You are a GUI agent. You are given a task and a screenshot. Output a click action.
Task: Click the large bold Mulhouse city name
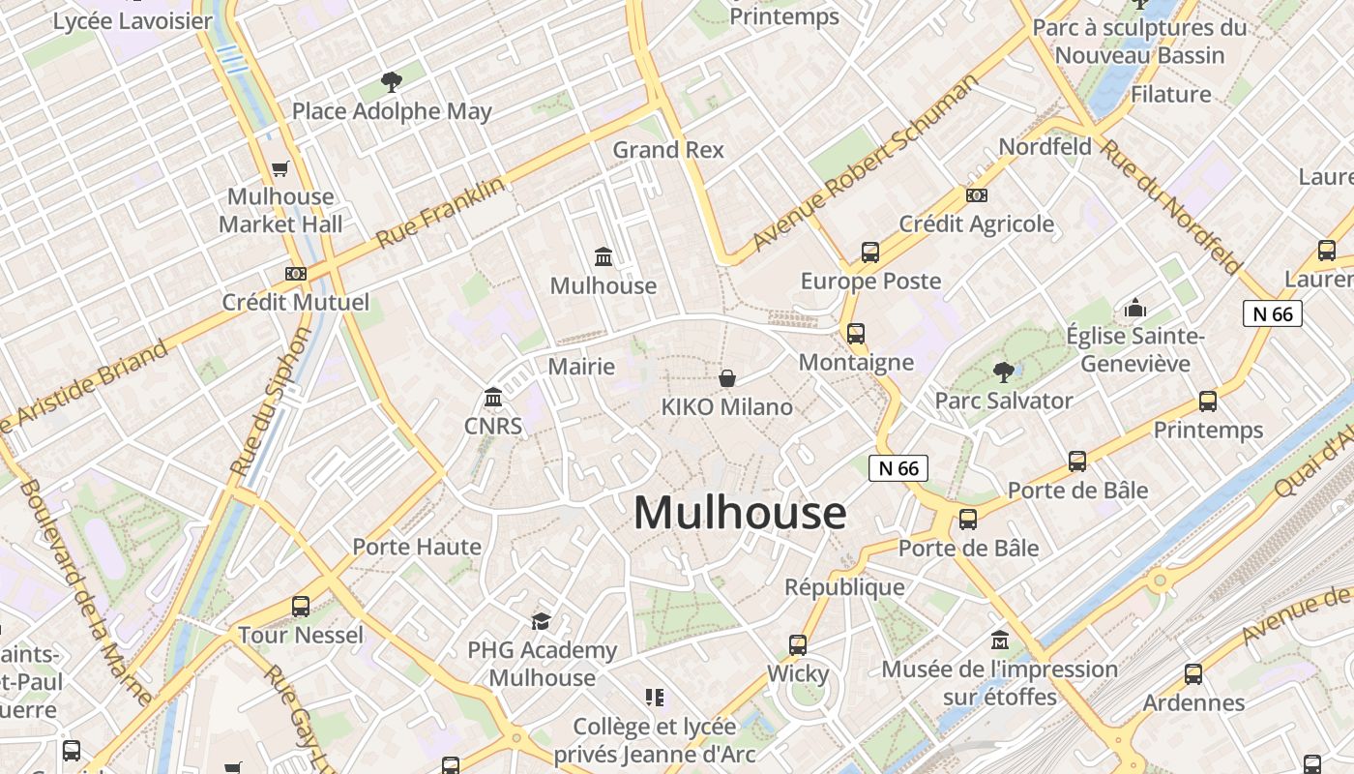[x=740, y=513]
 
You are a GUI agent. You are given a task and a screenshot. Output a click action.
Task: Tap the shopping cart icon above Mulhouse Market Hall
[x=280, y=169]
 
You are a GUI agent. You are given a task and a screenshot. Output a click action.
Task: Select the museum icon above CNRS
[x=493, y=397]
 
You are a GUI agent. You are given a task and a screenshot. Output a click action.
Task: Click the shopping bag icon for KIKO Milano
[x=727, y=378]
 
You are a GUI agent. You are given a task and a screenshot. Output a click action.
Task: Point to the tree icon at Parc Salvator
[x=1004, y=371]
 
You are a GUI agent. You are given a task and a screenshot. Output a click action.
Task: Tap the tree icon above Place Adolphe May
[x=392, y=81]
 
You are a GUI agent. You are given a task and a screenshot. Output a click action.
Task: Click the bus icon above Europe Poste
[x=870, y=253]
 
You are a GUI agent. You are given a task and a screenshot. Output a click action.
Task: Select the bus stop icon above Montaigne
[x=856, y=334]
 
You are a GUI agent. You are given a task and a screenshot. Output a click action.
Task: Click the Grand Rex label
[x=668, y=150]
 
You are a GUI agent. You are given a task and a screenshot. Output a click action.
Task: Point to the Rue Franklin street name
[x=440, y=211]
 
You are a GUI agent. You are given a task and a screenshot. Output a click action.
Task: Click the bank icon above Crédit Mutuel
[x=296, y=274]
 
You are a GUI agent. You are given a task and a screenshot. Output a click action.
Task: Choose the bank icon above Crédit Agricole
[x=977, y=195]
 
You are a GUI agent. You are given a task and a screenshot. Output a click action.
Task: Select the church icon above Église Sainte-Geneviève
[x=1135, y=309]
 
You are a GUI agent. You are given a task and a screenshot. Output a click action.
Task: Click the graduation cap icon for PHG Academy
[x=541, y=621]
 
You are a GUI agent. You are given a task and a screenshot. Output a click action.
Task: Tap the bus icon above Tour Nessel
[x=301, y=607]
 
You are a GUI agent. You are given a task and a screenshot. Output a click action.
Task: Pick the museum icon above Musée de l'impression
[x=1000, y=640]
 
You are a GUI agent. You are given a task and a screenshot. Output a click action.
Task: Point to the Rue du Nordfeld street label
[x=1170, y=206]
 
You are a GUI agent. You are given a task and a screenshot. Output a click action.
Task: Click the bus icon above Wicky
[x=798, y=644]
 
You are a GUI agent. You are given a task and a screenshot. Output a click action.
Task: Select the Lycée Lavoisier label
[x=132, y=21]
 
